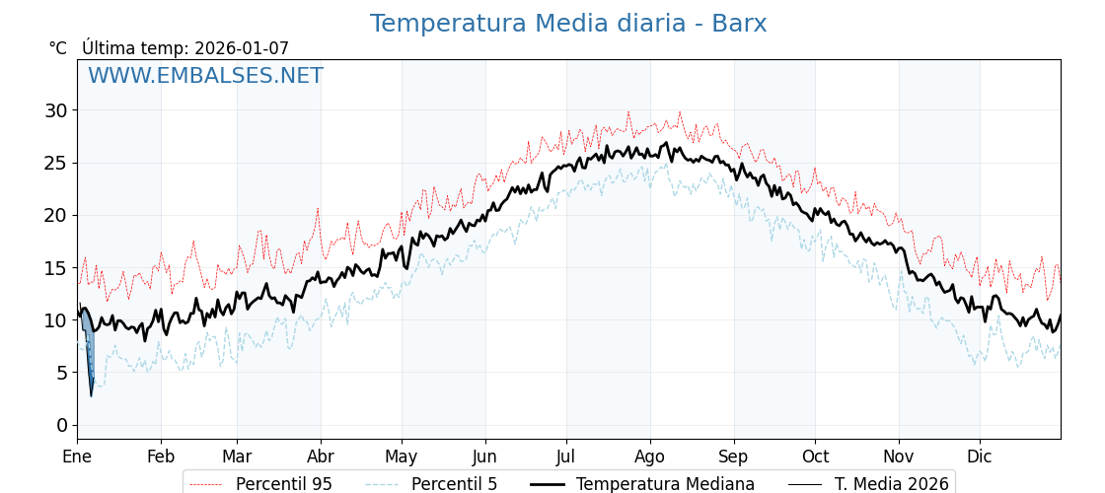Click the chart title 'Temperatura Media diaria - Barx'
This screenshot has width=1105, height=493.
(568, 24)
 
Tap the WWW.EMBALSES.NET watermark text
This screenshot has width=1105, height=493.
(205, 77)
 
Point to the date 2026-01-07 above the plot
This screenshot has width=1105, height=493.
(242, 48)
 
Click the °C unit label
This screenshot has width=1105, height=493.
(57, 48)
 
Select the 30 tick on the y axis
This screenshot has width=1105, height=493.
(55, 110)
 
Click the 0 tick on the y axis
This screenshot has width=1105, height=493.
(61, 425)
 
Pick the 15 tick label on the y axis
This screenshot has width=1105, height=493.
(55, 268)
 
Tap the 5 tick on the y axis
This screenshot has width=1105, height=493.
(61, 373)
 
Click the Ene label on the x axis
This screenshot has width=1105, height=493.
(77, 457)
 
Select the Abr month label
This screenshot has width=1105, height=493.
(321, 457)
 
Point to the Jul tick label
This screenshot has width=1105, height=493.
(566, 457)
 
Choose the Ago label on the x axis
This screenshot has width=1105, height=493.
(650, 457)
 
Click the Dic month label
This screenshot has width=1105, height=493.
(980, 457)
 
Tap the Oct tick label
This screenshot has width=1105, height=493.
(815, 457)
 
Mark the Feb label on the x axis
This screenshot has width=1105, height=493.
(161, 457)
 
